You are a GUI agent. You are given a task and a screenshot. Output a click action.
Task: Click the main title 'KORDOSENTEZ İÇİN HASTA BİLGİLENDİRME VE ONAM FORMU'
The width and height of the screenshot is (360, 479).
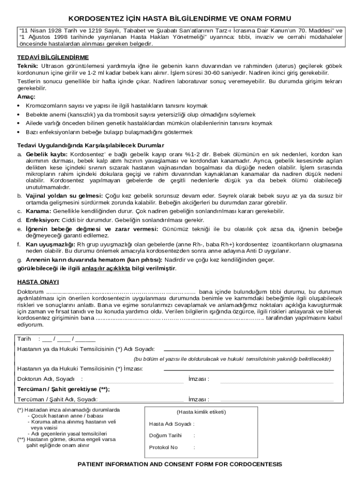click(180, 18)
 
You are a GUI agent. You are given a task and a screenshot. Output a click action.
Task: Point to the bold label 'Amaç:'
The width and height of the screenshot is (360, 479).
click(26, 96)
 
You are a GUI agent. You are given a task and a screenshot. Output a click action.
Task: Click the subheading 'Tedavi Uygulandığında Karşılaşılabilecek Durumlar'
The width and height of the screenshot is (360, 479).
click(90, 145)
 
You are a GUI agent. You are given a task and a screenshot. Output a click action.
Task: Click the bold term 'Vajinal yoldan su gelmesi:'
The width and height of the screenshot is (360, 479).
click(65, 195)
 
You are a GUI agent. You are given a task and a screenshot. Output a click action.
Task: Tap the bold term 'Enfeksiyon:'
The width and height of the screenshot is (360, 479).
click(43, 220)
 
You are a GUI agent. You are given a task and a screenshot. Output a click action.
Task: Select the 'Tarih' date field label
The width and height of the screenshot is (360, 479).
click(24, 339)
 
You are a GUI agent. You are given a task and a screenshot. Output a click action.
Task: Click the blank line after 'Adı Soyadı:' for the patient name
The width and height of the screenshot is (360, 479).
click(248, 349)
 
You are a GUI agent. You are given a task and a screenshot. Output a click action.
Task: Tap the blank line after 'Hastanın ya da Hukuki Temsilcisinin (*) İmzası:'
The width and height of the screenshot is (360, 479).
click(248, 369)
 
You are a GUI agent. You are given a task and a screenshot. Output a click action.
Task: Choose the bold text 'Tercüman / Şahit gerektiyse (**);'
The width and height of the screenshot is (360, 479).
click(64, 389)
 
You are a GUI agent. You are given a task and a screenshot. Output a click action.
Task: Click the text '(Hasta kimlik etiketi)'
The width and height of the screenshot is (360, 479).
click(201, 412)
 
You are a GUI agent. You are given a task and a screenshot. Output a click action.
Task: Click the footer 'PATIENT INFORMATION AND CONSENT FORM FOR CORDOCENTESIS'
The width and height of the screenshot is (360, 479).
click(180, 464)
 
